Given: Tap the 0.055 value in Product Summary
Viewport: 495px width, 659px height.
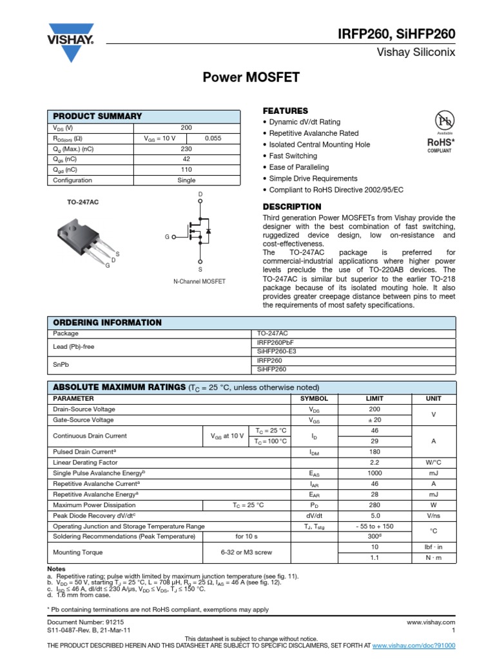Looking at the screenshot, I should click(x=213, y=139).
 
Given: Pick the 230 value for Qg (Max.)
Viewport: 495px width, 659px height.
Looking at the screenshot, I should click(x=186, y=149).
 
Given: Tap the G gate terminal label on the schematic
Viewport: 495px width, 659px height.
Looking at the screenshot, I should click(x=166, y=237).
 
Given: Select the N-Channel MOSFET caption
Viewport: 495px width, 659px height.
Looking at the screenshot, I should click(x=200, y=282).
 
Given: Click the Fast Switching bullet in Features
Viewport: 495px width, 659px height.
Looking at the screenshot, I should click(x=293, y=156).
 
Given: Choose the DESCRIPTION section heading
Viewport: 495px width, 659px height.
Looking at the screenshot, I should click(x=292, y=207).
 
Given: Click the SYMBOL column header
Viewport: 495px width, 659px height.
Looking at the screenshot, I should click(x=315, y=399).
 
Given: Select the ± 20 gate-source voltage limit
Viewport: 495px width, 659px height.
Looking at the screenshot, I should click(x=374, y=420).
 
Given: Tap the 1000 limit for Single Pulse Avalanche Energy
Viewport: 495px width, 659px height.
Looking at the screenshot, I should click(x=374, y=473).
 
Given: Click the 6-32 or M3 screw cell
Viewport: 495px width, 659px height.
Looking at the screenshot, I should click(x=246, y=552).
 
